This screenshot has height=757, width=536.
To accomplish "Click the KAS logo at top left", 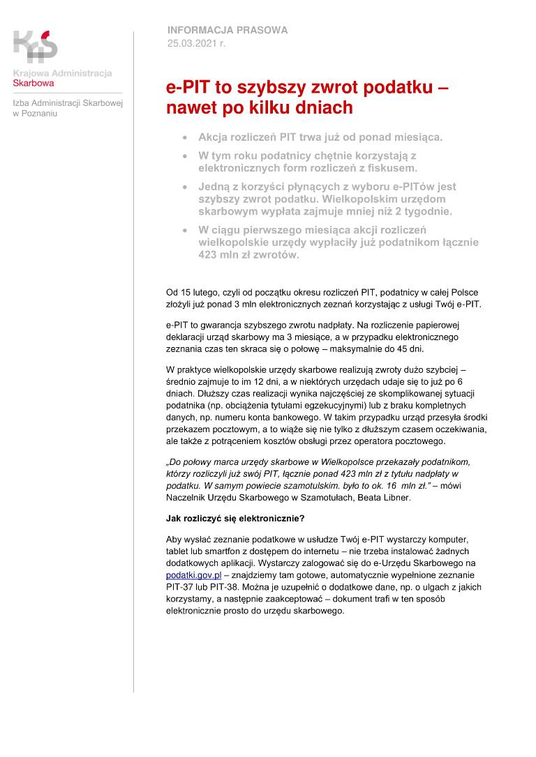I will [x=35, y=46].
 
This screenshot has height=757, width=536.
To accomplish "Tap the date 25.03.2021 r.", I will [x=196, y=43].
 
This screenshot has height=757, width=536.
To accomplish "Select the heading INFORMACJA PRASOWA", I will [x=227, y=31].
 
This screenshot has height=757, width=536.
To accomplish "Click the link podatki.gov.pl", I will [x=193, y=575].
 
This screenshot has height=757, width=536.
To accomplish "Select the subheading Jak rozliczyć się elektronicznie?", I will [x=235, y=519].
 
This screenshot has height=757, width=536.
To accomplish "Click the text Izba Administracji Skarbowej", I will [x=67, y=103].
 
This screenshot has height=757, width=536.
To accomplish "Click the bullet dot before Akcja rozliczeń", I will [x=184, y=137].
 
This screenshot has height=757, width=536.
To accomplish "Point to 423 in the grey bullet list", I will [x=210, y=255].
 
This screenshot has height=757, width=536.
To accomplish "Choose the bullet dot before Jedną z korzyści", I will [x=184, y=188].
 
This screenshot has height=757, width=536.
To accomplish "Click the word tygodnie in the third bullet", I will [x=428, y=211].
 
